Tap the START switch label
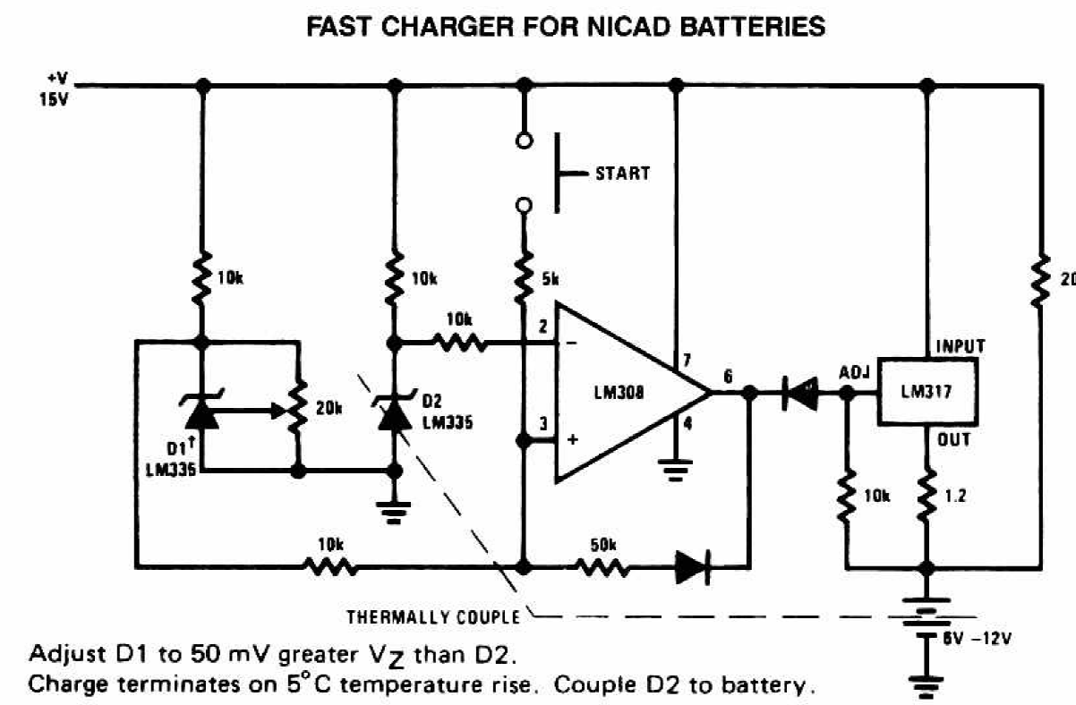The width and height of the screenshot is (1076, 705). (622, 173)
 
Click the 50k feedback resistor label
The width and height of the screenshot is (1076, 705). (603, 543)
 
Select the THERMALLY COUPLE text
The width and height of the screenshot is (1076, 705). (433, 616)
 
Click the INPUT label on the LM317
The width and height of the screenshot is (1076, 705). (960, 345)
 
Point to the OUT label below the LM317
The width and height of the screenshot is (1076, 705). (953, 439)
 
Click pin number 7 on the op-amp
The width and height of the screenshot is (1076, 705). (686, 361)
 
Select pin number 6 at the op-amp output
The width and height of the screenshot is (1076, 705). (727, 378)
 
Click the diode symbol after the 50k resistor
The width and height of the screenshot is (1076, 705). (693, 565)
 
